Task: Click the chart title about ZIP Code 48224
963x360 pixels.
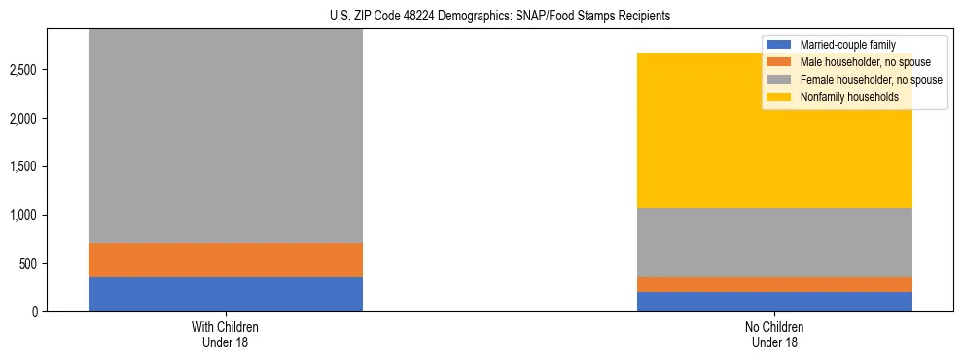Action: coord(500,17)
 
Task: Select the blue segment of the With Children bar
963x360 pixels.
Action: coord(225,294)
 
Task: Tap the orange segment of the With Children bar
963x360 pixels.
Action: coord(225,260)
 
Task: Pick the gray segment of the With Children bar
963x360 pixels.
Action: coord(225,136)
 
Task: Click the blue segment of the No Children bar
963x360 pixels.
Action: coord(774,302)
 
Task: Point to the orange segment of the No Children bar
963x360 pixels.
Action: coord(774,284)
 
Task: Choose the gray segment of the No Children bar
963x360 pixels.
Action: coord(774,242)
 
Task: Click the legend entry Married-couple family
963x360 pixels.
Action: coord(842,45)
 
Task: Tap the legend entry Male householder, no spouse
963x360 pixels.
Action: coord(855,62)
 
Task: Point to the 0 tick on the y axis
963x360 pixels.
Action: coord(36,311)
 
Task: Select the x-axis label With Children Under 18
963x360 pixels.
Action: coord(225,334)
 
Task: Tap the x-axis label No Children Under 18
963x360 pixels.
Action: coord(774,334)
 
